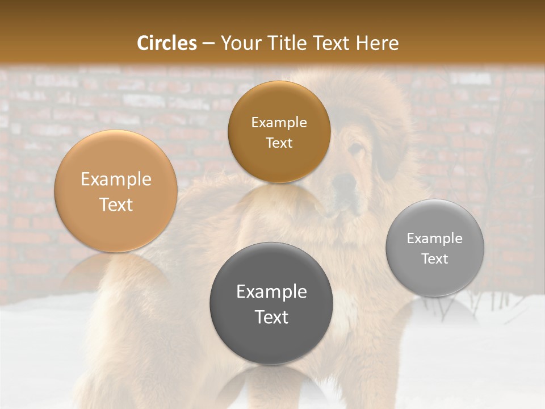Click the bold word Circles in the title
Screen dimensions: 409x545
(167, 43)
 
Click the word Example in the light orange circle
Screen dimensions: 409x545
(116, 180)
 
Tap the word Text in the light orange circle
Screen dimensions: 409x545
(116, 204)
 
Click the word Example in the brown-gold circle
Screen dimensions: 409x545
(279, 123)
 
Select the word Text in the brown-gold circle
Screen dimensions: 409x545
(279, 143)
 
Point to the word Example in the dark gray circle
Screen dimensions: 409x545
(271, 292)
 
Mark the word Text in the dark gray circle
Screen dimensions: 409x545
(271, 317)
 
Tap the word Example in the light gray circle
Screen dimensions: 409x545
(435, 239)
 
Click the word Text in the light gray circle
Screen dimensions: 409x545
(435, 259)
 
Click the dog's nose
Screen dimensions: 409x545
(342, 183)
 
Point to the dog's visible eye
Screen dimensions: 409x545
(356, 149)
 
